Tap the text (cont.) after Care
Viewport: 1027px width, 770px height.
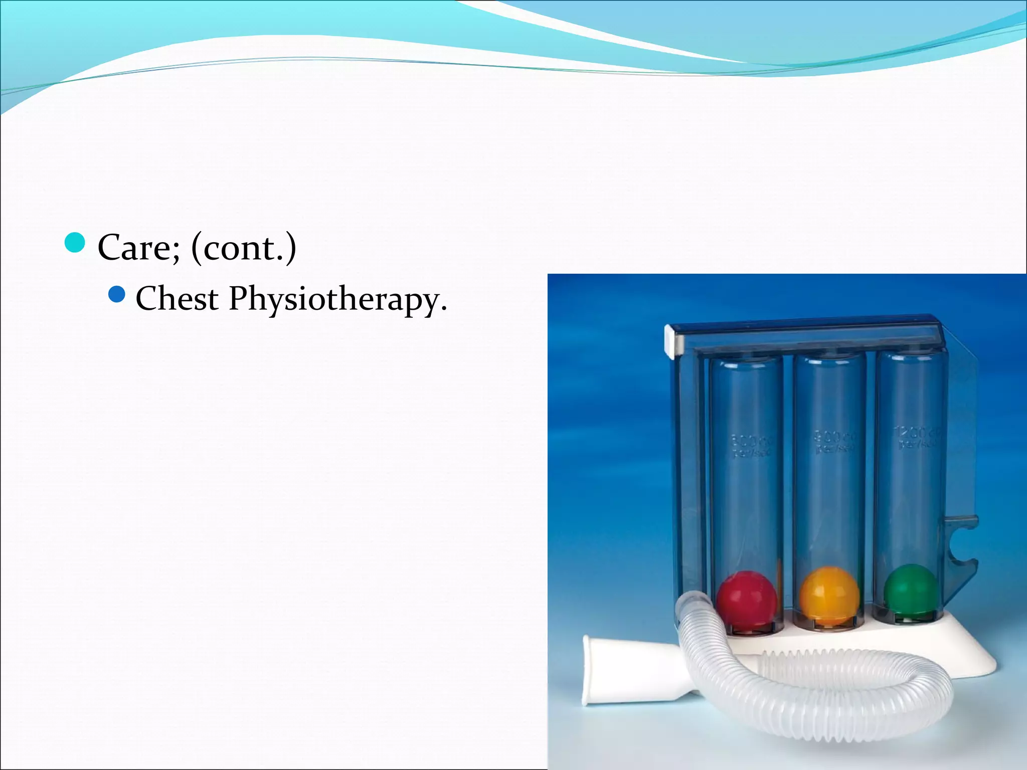244,248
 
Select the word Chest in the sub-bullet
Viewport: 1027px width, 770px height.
177,299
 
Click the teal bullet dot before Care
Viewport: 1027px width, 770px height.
75,243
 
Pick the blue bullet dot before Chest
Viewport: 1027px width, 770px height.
116,294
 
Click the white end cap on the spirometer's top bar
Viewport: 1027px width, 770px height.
674,341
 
